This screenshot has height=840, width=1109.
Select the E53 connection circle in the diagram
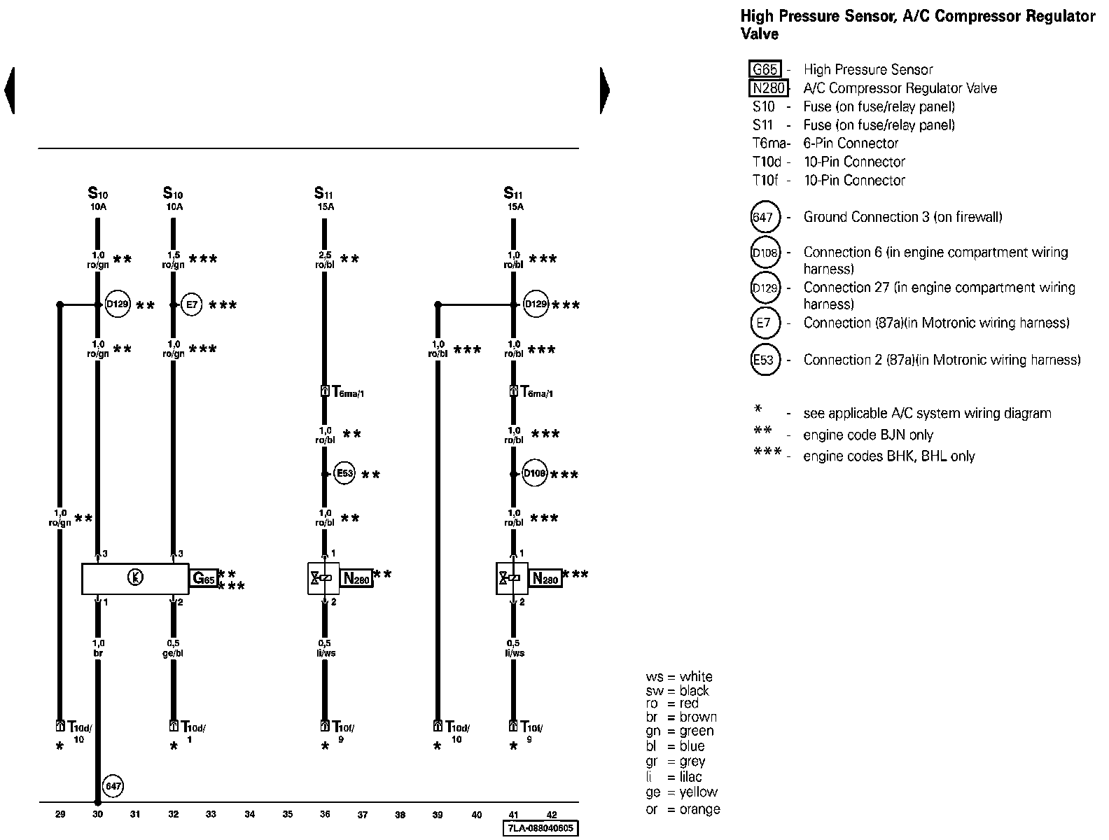tap(344, 473)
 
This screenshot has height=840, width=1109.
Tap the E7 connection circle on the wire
tap(191, 304)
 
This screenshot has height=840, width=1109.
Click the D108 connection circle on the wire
tap(534, 474)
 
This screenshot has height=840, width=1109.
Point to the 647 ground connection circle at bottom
tap(113, 786)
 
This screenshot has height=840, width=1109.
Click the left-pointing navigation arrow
tap(9, 90)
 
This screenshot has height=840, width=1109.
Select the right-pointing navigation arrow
tap(605, 90)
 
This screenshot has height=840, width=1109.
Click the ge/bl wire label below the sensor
tap(173, 648)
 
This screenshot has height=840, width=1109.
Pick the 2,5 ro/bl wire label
tap(324, 260)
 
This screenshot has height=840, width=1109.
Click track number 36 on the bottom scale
tap(325, 814)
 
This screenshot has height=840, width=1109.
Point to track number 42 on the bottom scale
tap(552, 814)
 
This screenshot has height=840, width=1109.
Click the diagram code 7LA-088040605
tap(541, 828)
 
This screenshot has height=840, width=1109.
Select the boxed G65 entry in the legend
tap(765, 69)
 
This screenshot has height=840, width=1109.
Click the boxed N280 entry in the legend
tap(767, 88)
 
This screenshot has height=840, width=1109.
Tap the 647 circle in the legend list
tap(764, 217)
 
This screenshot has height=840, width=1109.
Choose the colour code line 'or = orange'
tap(683, 809)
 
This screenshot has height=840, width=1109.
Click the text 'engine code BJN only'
tap(868, 435)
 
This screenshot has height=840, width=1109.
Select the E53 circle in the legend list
tap(764, 360)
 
